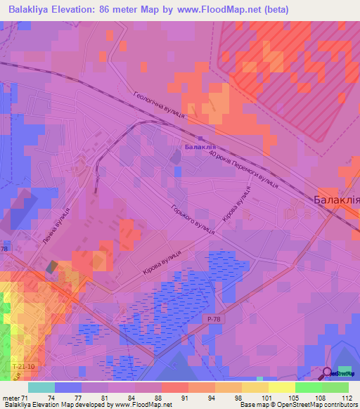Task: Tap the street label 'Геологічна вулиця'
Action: point(159,105)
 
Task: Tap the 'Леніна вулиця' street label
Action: point(56,226)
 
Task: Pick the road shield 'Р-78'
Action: point(214,319)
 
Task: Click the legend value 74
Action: point(52,398)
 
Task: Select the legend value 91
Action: point(185,398)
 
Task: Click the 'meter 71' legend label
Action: point(15,398)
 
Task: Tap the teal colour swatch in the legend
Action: point(41,387)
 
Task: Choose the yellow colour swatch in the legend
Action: point(281,387)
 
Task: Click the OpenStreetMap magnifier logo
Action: point(327,372)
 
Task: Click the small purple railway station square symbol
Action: point(200,138)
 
